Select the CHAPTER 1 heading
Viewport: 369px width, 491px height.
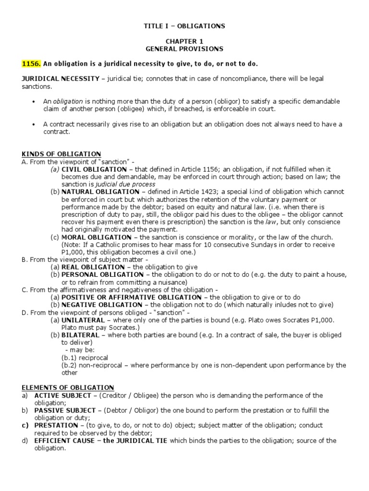tap(184, 42)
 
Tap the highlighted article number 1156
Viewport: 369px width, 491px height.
tap(32, 64)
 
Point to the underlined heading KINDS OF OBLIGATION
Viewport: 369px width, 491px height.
tap(61, 153)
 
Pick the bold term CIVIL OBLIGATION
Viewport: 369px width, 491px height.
tap(97, 169)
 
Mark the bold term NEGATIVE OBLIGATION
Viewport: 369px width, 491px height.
tap(106, 304)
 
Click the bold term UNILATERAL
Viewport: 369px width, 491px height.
tap(81, 320)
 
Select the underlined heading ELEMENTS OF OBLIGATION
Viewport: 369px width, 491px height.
tap(68, 387)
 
